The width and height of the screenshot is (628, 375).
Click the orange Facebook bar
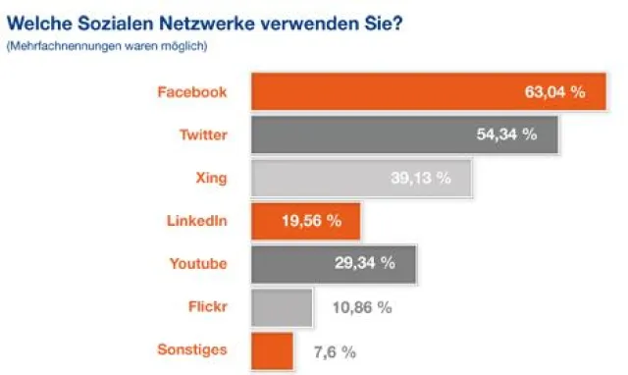click(392, 92)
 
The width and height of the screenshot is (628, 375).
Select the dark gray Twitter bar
click(373, 135)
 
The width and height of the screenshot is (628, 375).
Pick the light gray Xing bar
click(334, 178)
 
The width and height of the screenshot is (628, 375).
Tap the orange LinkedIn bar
click(280, 221)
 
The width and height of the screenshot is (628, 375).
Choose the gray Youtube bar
click(294, 263)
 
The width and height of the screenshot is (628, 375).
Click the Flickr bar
click(283, 307)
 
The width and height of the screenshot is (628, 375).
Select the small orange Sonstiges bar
click(273, 349)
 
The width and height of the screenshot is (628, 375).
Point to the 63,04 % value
click(554, 92)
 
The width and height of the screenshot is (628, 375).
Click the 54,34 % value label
click(506, 135)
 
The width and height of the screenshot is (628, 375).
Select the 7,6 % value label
click(334, 350)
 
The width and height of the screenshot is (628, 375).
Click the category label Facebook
click(192, 92)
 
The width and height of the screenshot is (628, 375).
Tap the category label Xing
click(211, 178)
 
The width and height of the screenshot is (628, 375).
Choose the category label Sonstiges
click(192, 349)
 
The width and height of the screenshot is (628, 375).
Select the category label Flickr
click(207, 306)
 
